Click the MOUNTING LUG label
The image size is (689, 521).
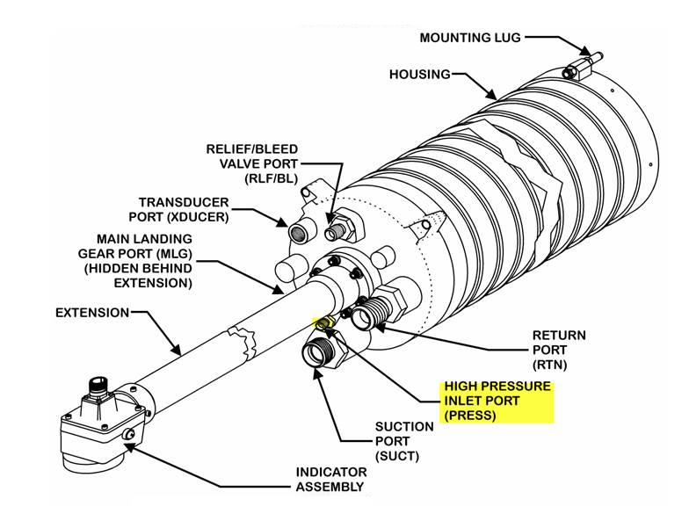pyautogui.click(x=469, y=38)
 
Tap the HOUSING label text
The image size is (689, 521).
pyautogui.click(x=419, y=75)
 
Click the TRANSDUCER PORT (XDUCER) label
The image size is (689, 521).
pyautogui.click(x=183, y=209)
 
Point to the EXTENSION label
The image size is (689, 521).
pyautogui.click(x=92, y=312)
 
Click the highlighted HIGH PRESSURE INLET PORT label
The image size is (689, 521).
pyautogui.click(x=497, y=401)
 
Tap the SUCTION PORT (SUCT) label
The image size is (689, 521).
pyautogui.click(x=404, y=441)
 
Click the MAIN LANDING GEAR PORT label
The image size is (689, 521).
pyautogui.click(x=144, y=261)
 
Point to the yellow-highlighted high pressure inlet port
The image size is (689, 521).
pyautogui.click(x=324, y=323)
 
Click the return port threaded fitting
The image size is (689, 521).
pyautogui.click(x=375, y=312)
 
